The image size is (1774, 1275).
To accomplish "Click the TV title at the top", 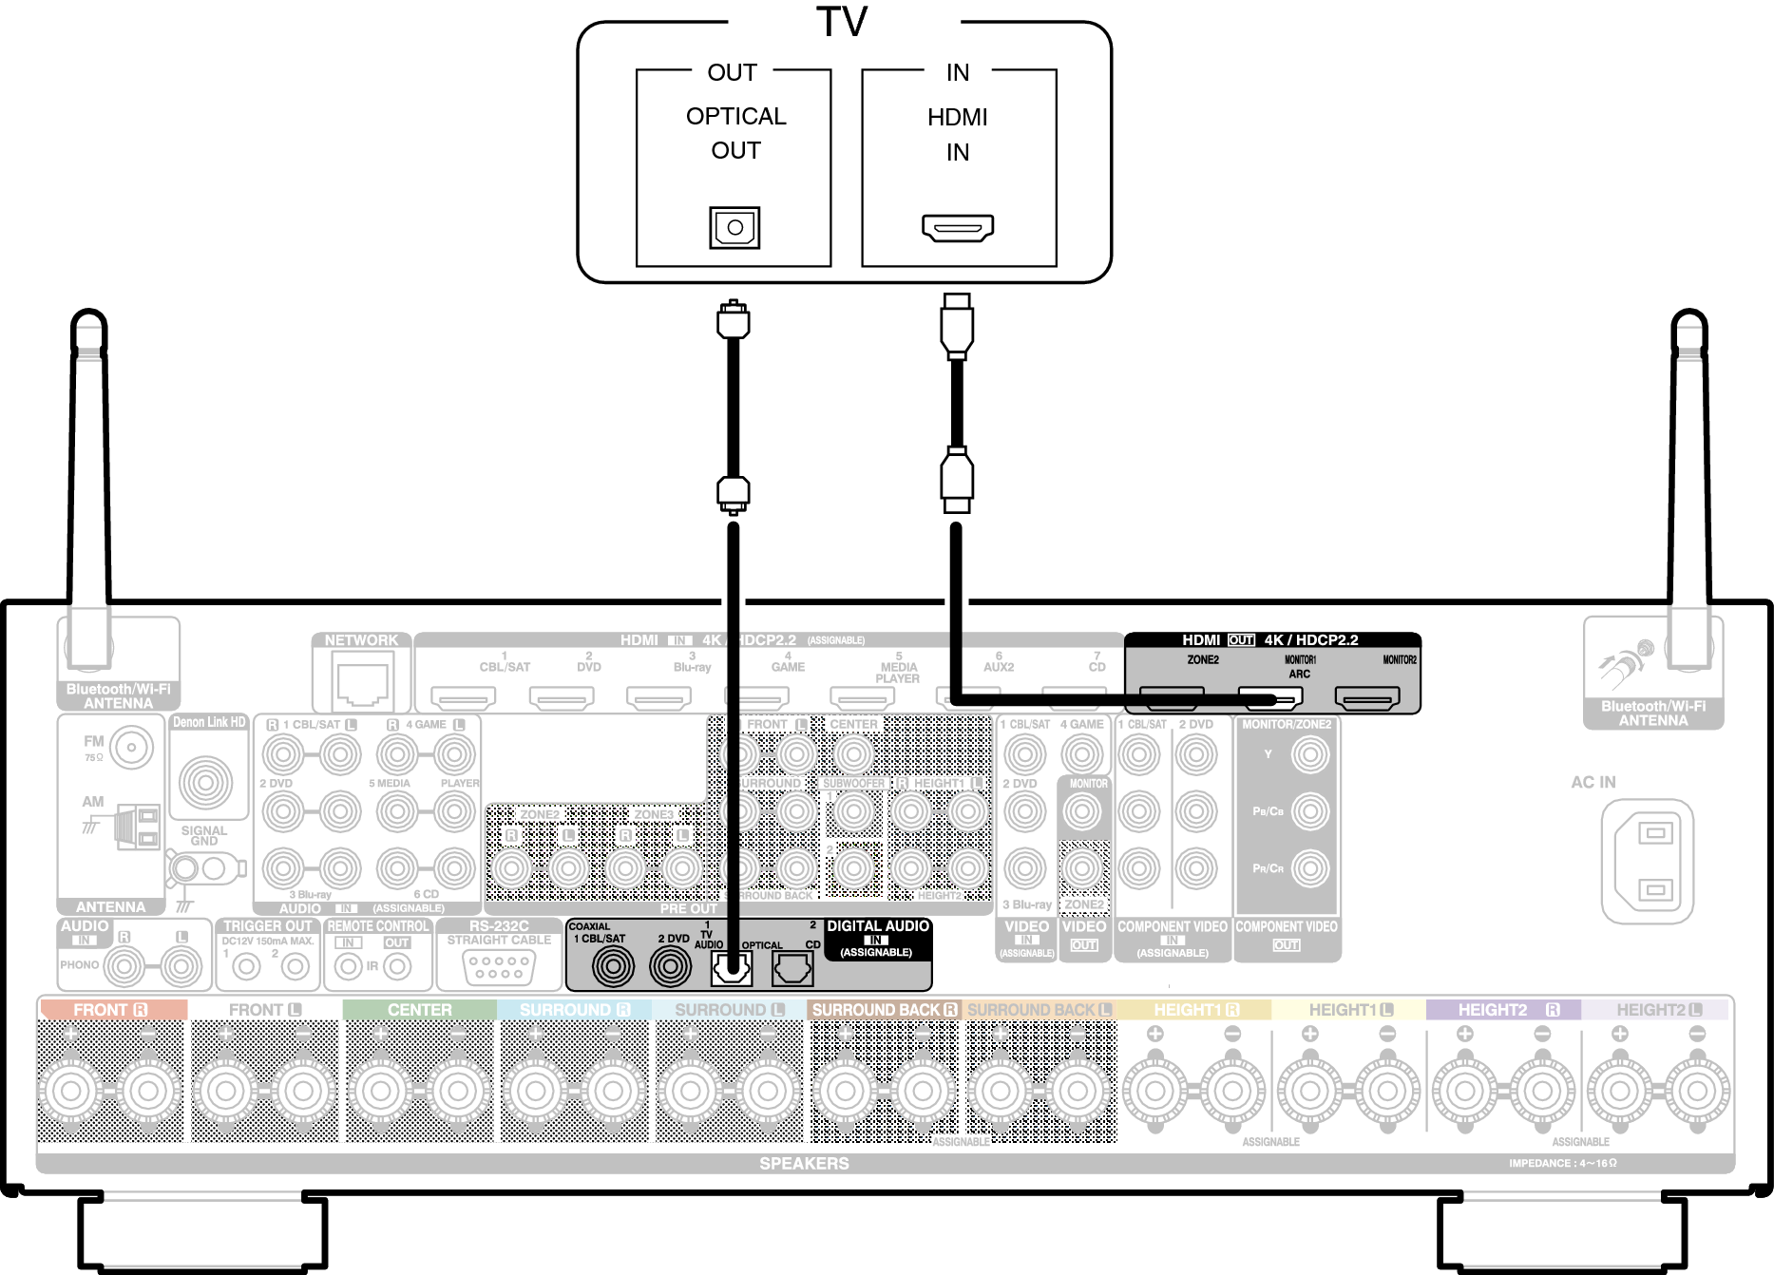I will (x=842, y=23).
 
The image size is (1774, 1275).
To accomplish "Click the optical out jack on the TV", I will (x=734, y=227).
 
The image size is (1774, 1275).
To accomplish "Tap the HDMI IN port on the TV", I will (x=957, y=227).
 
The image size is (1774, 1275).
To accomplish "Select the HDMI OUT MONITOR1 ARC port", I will (x=1269, y=699).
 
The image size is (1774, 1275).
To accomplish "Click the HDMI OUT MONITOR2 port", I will (x=1366, y=699).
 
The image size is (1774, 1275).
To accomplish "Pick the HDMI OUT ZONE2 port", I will (x=1172, y=699).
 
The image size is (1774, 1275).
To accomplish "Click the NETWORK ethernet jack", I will (x=362, y=684).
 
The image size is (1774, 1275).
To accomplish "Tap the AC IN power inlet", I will (x=1654, y=861).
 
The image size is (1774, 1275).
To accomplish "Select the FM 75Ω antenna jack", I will (x=131, y=748).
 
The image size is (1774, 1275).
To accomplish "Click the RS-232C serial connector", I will (x=500, y=967).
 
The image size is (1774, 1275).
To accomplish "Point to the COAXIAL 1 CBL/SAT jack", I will (x=613, y=967).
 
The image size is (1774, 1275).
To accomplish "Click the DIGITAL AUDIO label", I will (x=877, y=926).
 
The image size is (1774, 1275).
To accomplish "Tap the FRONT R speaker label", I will (x=110, y=1010).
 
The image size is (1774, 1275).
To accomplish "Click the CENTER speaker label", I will (x=419, y=1010).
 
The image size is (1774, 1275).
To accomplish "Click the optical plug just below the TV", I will (x=733, y=320).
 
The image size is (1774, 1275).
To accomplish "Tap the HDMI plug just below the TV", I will (x=957, y=326).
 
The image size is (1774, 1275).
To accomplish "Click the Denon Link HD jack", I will (x=205, y=782).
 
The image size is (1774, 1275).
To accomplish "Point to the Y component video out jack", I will (x=1309, y=755).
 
